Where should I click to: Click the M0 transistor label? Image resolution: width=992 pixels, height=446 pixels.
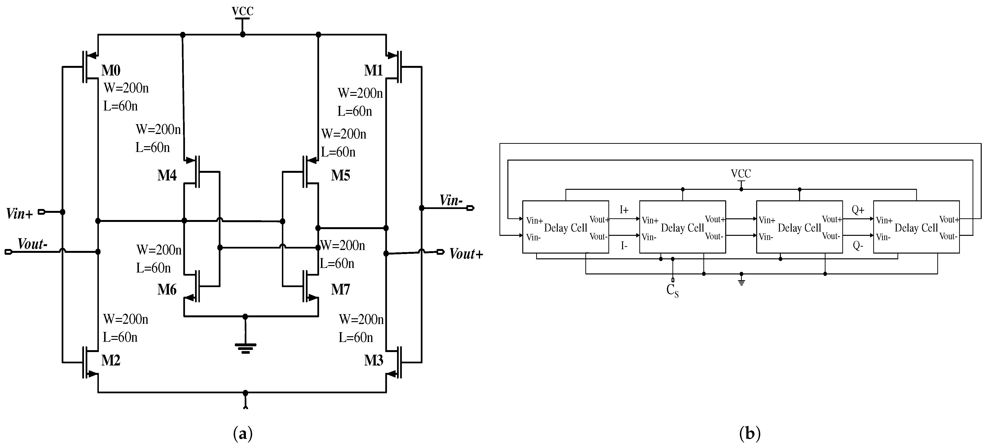pos(111,70)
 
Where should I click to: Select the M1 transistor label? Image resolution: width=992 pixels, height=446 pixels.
pos(374,70)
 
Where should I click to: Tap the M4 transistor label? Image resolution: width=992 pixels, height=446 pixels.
pos(167,175)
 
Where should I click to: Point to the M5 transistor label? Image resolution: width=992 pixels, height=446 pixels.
pos(340,175)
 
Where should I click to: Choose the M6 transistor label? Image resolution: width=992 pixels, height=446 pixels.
pos(167,289)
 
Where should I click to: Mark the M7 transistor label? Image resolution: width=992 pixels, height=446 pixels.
pos(340,289)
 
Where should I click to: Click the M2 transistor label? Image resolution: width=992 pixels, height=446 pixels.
pos(111,360)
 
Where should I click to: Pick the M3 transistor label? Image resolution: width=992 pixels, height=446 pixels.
pos(374,360)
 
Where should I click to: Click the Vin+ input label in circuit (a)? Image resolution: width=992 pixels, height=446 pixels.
pos(19,214)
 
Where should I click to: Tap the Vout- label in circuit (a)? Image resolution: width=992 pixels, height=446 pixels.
pos(32,244)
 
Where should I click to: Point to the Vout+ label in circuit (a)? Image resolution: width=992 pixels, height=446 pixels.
pos(466,254)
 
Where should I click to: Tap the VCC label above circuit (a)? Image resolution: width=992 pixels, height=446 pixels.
pos(243,12)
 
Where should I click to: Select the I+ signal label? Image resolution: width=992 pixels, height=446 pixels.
pos(624,210)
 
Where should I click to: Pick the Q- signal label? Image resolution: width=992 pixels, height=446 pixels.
pos(858,245)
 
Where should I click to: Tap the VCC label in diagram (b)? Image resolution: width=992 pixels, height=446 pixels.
pos(741,174)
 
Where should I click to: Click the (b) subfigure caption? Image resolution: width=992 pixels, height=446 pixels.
pos(750,434)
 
